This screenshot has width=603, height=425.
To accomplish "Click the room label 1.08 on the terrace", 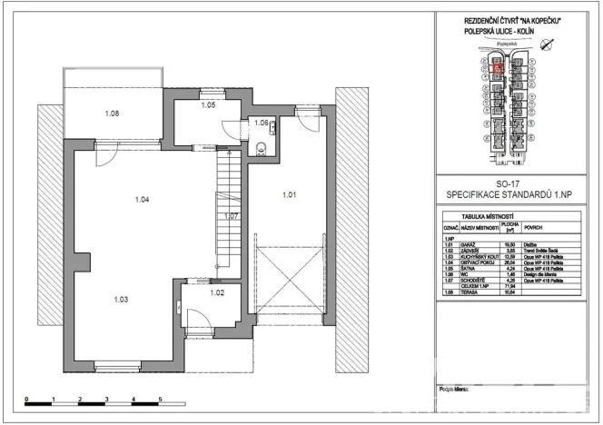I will tap(113, 114).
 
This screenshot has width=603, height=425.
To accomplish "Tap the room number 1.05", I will tap(208, 106).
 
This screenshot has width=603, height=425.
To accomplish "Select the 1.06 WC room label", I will tap(260, 123).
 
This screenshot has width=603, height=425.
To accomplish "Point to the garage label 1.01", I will tap(289, 194).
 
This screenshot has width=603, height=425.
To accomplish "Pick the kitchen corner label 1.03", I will tap(121, 298).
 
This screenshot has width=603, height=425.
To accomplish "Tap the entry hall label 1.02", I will tap(216, 292).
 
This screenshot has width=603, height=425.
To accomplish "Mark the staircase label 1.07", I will tap(232, 216).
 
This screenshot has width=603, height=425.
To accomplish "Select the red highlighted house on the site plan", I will tap(497, 65).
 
